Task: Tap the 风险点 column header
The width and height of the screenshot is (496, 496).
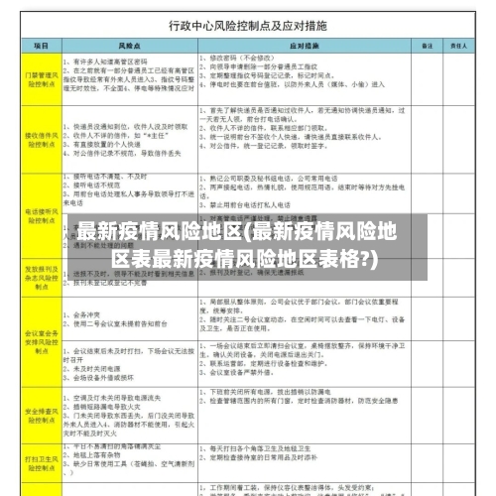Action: (x=127, y=46)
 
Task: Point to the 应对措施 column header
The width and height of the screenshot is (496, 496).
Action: (x=304, y=46)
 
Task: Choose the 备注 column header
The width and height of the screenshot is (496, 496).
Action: (x=425, y=46)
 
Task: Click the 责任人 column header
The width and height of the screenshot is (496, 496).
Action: (x=459, y=46)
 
